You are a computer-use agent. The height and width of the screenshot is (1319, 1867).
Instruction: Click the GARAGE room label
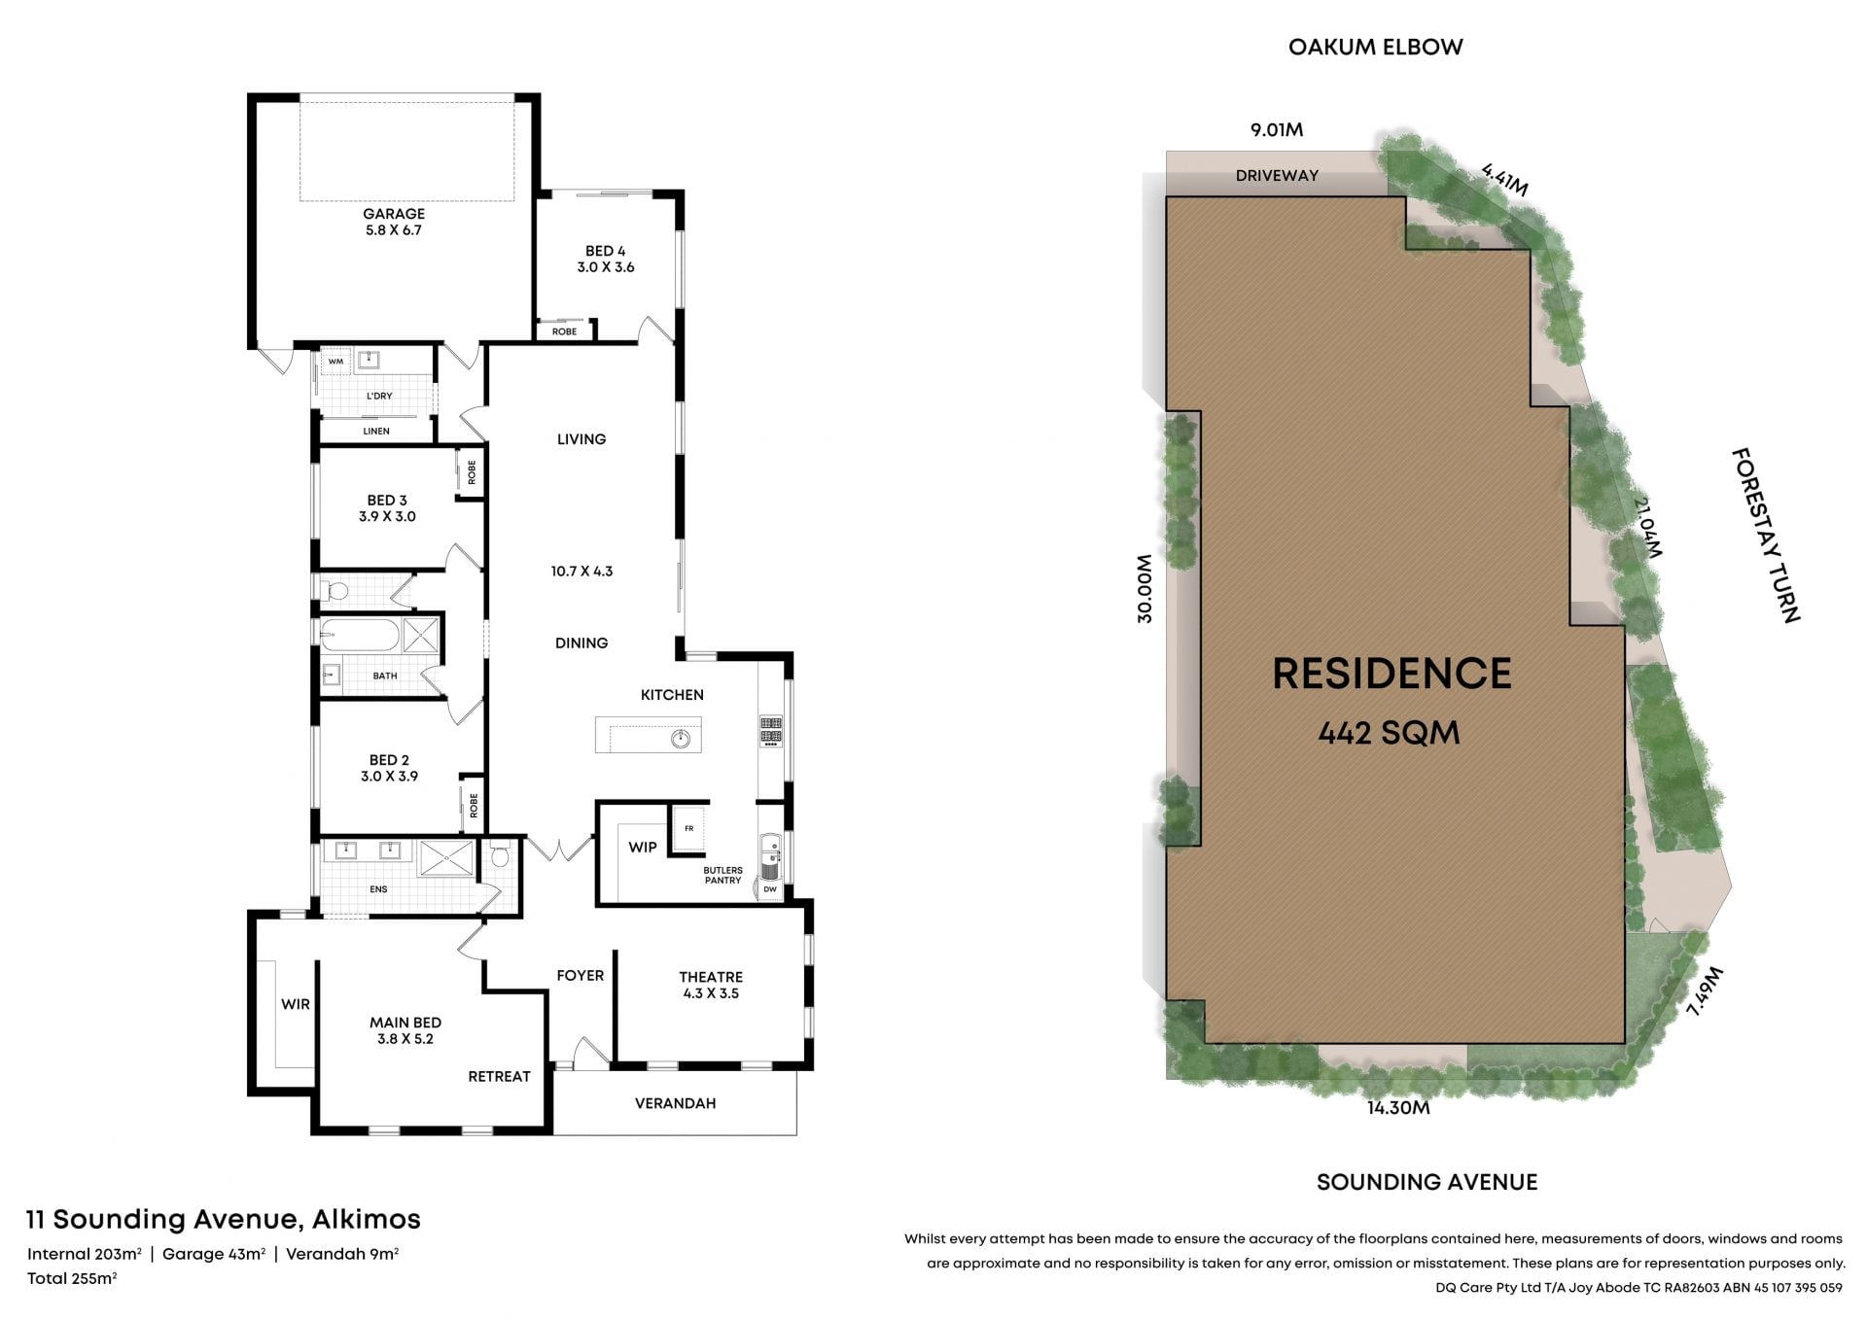[394, 214]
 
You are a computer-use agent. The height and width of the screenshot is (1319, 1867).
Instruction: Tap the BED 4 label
[605, 251]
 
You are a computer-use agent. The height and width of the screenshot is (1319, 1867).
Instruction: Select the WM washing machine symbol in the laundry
[335, 362]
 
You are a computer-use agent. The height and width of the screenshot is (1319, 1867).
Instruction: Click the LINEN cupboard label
[376, 431]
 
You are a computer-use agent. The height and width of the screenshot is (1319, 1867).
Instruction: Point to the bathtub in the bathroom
[360, 636]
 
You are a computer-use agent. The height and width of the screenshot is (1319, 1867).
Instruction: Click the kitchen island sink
[681, 740]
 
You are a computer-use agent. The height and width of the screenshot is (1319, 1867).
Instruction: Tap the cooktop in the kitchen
[771, 731]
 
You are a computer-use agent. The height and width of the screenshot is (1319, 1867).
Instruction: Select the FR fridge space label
[689, 828]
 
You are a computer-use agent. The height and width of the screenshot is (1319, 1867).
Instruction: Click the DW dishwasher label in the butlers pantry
[770, 889]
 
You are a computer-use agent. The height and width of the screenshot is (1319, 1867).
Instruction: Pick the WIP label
[643, 847]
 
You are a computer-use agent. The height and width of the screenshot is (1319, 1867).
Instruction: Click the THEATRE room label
[711, 977]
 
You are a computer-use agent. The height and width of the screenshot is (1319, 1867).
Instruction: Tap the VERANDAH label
[675, 1103]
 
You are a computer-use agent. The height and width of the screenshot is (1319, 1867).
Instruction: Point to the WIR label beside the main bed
[296, 1004]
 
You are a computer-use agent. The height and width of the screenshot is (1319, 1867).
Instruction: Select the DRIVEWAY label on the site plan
[1277, 176]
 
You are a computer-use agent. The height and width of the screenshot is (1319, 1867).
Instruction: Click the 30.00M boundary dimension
[1145, 588]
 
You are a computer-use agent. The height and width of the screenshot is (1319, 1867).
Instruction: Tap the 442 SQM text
[1389, 733]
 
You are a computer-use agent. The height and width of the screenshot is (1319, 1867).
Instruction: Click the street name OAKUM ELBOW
[1375, 47]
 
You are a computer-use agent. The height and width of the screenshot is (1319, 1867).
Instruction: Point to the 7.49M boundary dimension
[1705, 991]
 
